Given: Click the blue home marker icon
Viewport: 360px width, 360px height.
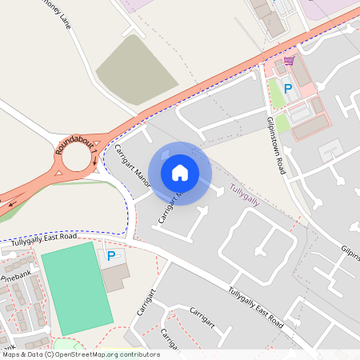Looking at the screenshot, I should pos(180,172).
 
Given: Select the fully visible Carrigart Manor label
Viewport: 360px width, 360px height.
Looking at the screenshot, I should pos(127,162).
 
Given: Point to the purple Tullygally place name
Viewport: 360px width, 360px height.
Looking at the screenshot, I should pos(245,190).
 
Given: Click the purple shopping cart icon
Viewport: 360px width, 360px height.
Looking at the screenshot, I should pos(289,61).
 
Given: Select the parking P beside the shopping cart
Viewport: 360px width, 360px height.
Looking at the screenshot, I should pos(287,89).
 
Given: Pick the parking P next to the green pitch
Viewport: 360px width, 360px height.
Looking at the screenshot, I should pos(111,256).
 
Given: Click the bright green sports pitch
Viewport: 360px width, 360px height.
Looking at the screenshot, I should pos(76,288).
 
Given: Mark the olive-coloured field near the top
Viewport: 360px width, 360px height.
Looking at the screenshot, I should pos(136,68).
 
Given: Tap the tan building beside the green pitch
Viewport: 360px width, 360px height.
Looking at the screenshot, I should pos(117,277).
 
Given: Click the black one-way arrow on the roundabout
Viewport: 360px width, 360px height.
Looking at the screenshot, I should pos(13,202).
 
